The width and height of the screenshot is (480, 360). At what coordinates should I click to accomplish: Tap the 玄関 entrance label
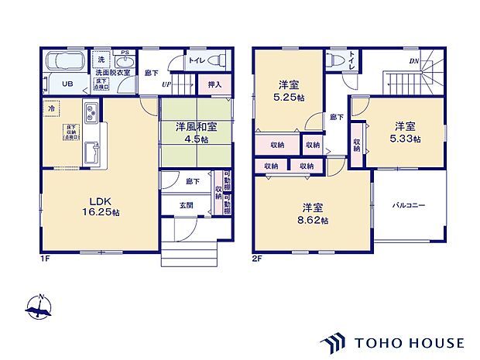[187, 205]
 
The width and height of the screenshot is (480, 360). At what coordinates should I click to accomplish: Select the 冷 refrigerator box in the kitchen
[51, 108]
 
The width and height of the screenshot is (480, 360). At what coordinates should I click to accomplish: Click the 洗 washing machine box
[101, 60]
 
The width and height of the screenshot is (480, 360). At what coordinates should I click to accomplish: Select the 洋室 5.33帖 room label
[405, 132]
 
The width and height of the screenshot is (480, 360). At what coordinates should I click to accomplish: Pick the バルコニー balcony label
[410, 205]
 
